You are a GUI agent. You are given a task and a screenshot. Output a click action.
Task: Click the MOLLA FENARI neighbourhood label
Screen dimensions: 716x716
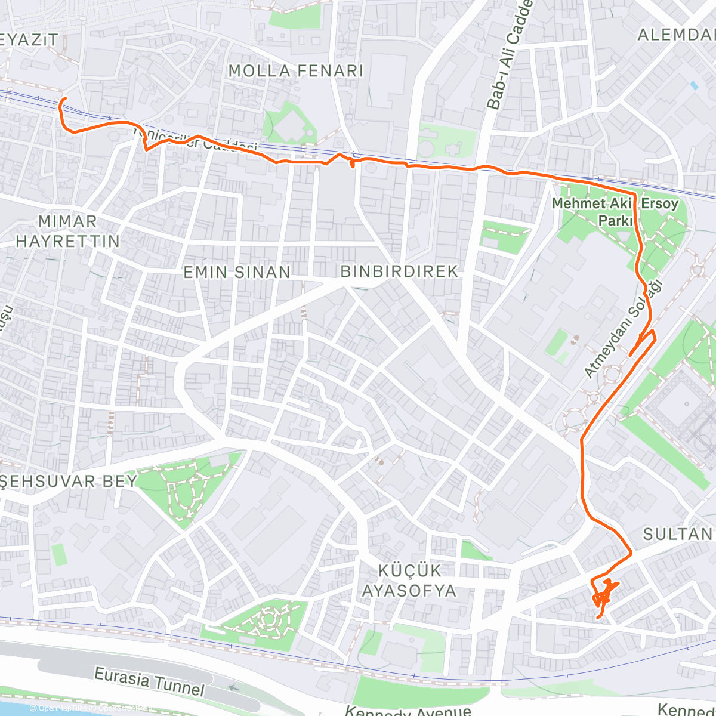(x=296, y=70)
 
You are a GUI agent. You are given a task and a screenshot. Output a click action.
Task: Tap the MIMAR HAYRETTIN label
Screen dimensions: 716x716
(x=67, y=232)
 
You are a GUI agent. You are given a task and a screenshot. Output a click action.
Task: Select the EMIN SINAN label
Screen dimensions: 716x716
(x=237, y=272)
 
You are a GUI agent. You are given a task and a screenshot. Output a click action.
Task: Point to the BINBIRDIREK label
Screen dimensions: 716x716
(x=399, y=271)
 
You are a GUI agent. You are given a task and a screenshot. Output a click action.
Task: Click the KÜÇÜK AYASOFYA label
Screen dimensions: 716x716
(x=409, y=581)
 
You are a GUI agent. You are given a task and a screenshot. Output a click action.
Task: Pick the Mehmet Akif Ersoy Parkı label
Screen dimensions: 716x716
(x=615, y=212)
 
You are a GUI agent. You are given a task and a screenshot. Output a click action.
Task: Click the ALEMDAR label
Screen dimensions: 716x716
(x=677, y=35)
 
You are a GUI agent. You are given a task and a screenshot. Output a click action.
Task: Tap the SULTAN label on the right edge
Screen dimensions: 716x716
(x=678, y=533)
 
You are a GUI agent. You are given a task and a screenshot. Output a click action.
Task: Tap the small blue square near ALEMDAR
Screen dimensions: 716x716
(x=693, y=85)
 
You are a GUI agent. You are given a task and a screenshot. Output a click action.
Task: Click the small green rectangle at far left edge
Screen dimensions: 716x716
(x=59, y=554)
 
